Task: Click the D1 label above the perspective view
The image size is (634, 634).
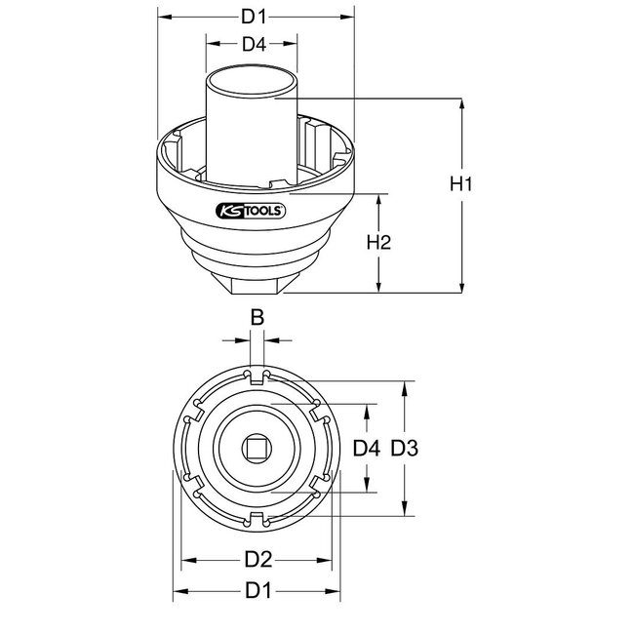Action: click(x=255, y=17)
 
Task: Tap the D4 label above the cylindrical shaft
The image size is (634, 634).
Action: click(x=255, y=44)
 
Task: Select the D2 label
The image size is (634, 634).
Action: click(x=258, y=561)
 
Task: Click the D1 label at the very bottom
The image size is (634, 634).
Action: click(x=258, y=590)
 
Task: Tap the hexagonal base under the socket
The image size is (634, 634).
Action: click(x=257, y=283)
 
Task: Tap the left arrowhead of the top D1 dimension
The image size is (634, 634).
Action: click(x=161, y=17)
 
